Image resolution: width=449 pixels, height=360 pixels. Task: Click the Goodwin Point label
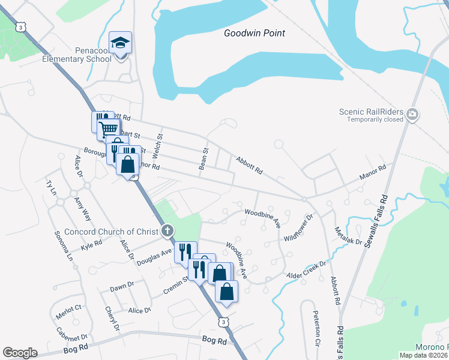tap(254, 33)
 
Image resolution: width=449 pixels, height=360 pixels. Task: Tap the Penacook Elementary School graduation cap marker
tap(120, 43)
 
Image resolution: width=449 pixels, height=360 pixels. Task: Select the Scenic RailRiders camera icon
tap(412, 114)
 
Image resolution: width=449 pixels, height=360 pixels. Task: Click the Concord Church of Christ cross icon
tap(168, 230)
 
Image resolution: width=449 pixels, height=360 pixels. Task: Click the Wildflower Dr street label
tap(299, 228)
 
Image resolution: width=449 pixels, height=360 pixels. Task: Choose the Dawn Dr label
tap(121, 287)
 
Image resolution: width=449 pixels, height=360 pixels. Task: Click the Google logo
tap(20, 353)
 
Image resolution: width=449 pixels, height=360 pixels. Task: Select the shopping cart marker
tap(108, 128)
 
